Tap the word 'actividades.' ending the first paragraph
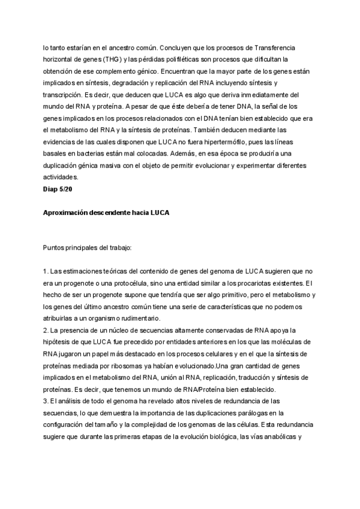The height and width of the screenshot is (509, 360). (x=61, y=177)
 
